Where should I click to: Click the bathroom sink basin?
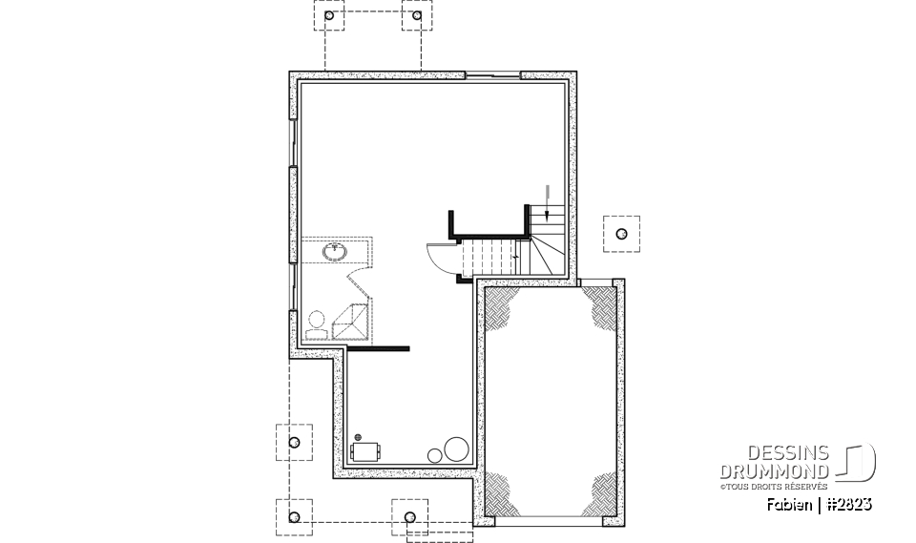335,252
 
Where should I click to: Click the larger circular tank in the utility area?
456,449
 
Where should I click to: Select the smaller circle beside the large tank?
435,455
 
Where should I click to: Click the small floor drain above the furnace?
358,436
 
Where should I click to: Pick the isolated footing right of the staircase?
621,233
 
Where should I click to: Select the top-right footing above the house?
418,17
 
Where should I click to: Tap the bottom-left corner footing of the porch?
294,517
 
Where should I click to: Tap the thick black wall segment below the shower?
378,348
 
